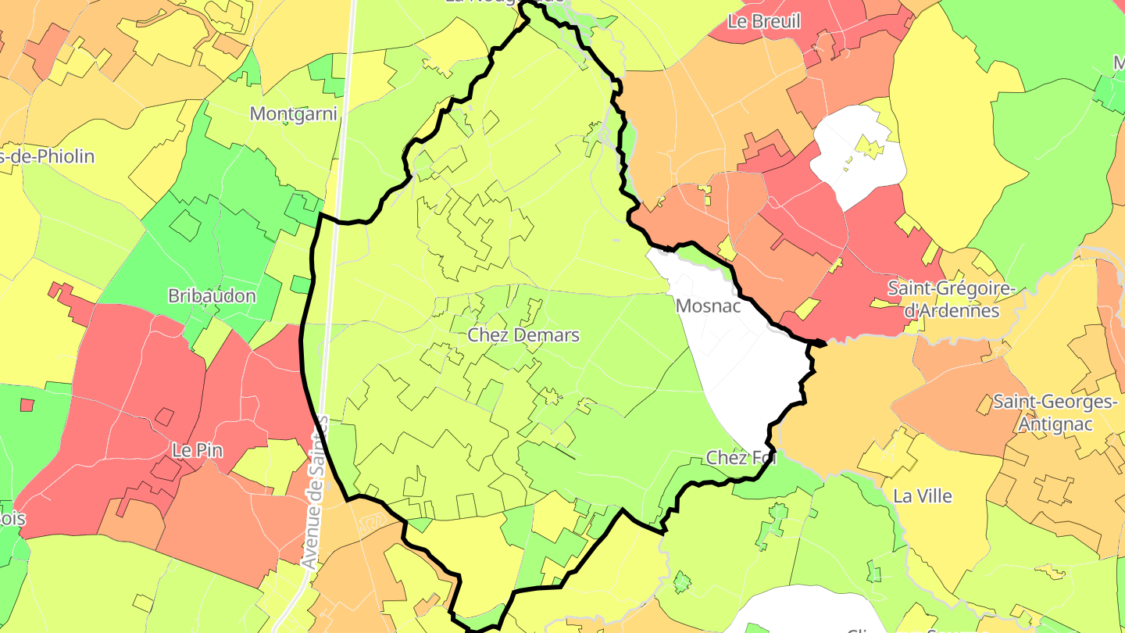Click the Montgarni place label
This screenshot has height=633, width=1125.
293,114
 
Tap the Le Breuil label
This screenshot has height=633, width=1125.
763,21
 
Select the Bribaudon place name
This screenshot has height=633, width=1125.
212,296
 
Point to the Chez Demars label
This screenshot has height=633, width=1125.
523,335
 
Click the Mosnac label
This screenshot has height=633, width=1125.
708,306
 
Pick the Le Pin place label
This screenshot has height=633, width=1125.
191,451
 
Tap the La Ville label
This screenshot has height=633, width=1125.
923,496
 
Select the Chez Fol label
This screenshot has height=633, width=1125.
741,458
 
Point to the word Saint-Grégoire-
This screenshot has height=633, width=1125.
951,288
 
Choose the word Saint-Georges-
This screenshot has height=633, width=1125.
1054,402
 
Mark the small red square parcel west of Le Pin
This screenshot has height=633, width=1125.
27,405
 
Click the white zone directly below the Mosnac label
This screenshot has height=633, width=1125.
742,367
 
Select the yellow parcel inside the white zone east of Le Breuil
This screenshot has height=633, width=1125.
867,146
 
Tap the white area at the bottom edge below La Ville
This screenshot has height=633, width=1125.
805,613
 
